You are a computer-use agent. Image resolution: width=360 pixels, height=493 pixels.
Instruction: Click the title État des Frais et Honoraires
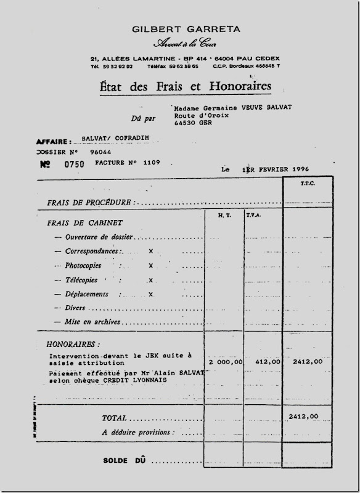click(185, 86)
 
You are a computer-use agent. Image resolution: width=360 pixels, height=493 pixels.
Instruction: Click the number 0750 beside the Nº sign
click(74, 165)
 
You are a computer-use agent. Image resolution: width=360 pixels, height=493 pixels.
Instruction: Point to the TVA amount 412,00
click(266, 362)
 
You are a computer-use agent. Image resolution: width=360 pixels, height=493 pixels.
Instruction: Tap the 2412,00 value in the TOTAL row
click(303, 417)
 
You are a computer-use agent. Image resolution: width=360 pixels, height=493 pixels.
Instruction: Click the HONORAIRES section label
click(73, 344)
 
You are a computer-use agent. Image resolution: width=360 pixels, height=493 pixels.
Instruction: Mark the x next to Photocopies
click(150, 266)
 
